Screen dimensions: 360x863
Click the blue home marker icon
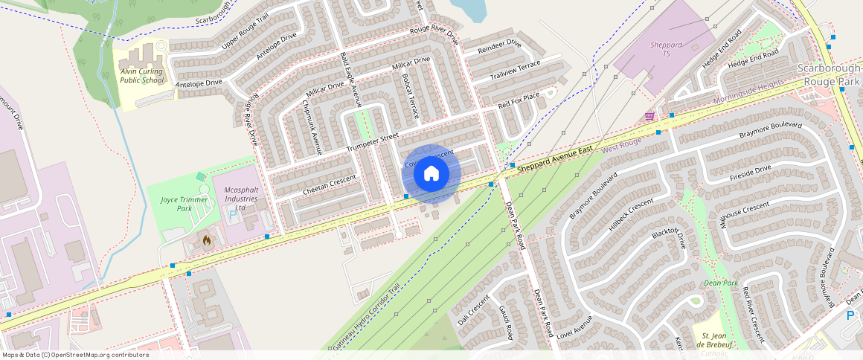click(431, 174)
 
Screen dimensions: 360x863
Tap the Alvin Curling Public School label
click(141, 76)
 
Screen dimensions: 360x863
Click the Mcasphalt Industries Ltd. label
click(240, 199)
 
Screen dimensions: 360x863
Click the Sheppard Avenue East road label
click(556, 161)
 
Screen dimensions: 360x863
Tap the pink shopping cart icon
click(649, 116)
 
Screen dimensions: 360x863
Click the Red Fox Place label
click(518, 100)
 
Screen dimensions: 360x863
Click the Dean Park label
click(721, 283)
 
